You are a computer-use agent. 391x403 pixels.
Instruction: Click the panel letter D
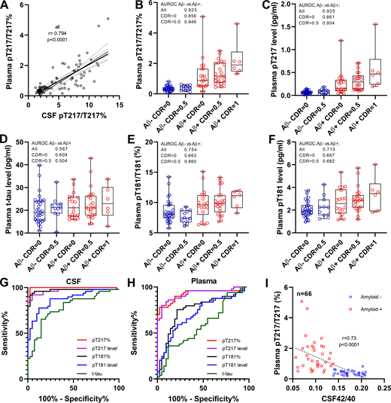tap(6, 142)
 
